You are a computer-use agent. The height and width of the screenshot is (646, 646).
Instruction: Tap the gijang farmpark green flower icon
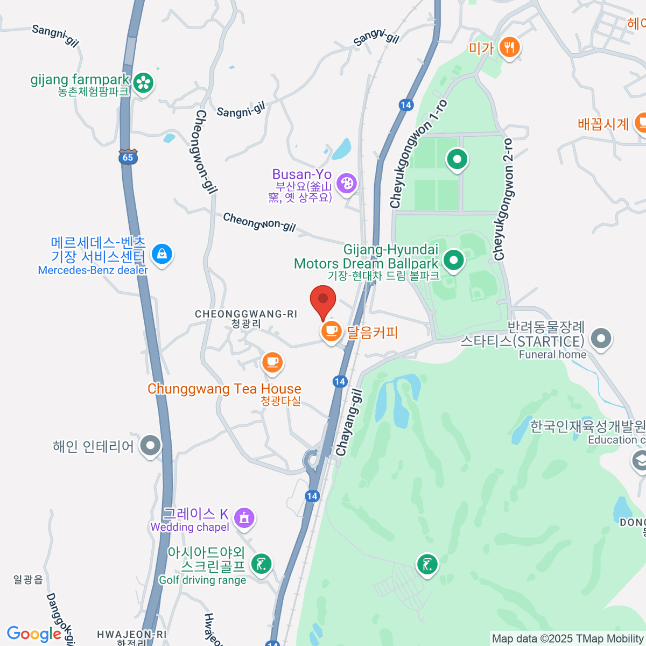click(144, 83)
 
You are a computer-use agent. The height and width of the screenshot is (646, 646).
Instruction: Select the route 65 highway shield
click(128, 157)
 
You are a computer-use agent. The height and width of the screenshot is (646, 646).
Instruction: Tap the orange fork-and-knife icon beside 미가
click(509, 48)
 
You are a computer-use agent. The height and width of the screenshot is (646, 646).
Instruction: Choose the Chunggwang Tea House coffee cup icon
click(272, 362)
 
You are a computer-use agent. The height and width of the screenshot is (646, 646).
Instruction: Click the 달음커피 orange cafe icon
click(332, 331)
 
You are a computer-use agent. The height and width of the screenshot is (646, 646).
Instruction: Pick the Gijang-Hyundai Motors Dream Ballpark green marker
click(454, 261)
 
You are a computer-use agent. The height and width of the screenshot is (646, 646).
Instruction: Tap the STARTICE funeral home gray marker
click(601, 339)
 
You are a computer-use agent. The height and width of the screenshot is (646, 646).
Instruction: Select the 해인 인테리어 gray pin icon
click(151, 446)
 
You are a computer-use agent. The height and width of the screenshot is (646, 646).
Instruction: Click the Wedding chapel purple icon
click(244, 518)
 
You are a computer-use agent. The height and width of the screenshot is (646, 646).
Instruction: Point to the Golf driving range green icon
click(262, 565)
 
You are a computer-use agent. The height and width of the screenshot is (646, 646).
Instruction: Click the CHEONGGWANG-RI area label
click(246, 314)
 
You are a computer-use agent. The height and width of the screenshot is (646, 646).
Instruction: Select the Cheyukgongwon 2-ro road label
click(503, 199)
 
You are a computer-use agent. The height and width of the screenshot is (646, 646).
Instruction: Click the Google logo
click(34, 634)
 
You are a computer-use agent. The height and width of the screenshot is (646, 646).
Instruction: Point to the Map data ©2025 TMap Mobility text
click(568, 639)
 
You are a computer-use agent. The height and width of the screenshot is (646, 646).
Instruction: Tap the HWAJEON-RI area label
click(132, 635)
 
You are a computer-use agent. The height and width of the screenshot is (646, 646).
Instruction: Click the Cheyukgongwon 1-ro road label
click(418, 155)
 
